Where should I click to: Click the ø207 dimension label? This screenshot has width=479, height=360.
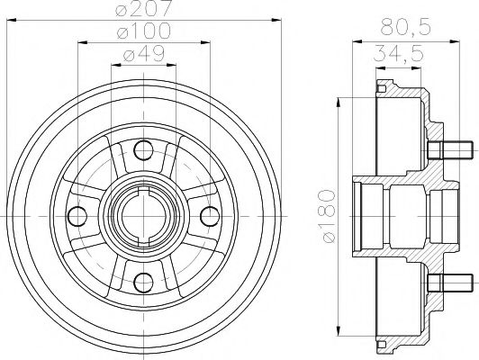pos(148,10)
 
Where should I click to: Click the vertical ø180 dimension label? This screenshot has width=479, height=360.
pos(330,215)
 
